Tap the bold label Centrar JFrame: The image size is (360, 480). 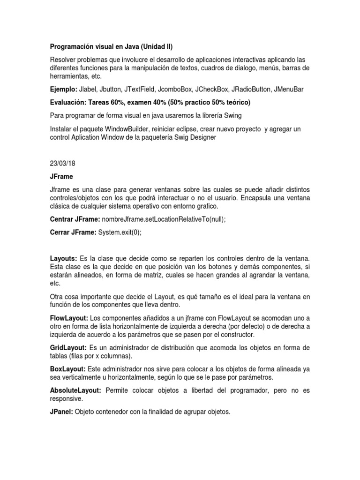pyautogui.click(x=73, y=219)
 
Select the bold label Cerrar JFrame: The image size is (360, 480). pyautogui.click(x=72, y=232)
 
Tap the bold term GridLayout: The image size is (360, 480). pyautogui.click(x=68, y=347)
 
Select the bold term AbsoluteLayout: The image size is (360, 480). pyautogui.click(x=76, y=390)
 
